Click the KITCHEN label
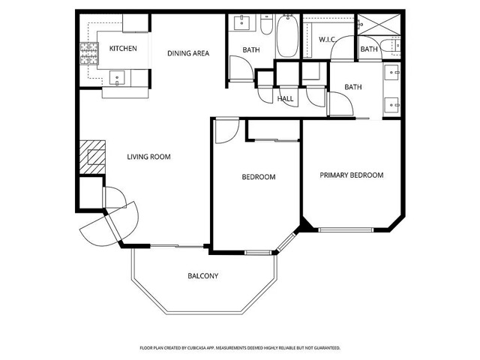pyautogui.click(x=122, y=49)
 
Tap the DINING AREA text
pyautogui.click(x=187, y=53)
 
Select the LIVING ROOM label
pyautogui.click(x=148, y=157)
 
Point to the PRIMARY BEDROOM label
pyautogui.click(x=351, y=175)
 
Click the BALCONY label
pyautogui.click(x=202, y=276)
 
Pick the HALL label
pyautogui.click(x=285, y=98)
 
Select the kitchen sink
pyautogui.click(x=117, y=76)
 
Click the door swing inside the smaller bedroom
pyautogui.click(x=225, y=131)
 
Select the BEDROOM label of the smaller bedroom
pyautogui.click(x=258, y=177)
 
